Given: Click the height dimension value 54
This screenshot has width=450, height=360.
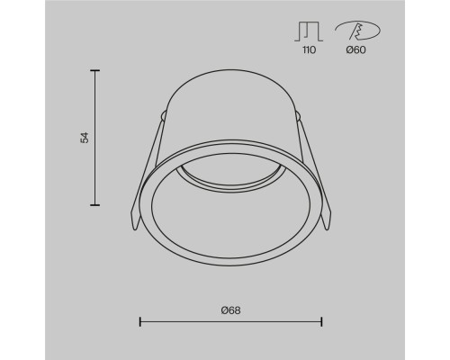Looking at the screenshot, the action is pyautogui.click(x=85, y=138).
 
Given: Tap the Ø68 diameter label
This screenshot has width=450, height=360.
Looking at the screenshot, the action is pyautogui.click(x=231, y=310).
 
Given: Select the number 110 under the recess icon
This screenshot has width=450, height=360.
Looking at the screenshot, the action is pyautogui.click(x=309, y=49).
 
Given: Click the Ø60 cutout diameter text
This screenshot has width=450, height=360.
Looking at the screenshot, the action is pyautogui.click(x=355, y=49).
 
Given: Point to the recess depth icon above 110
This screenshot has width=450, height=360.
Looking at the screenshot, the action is pyautogui.click(x=309, y=31).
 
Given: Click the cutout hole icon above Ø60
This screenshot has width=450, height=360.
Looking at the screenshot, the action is pyautogui.click(x=357, y=31).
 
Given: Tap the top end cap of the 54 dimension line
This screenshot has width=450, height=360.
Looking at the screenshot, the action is pyautogui.click(x=95, y=70).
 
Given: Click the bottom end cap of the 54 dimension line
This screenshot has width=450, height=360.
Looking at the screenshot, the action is pyautogui.click(x=95, y=205).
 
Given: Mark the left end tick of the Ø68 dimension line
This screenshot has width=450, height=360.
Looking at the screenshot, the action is pyautogui.click(x=140, y=321).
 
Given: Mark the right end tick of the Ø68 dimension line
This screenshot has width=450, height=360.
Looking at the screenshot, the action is pyautogui.click(x=322, y=321).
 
